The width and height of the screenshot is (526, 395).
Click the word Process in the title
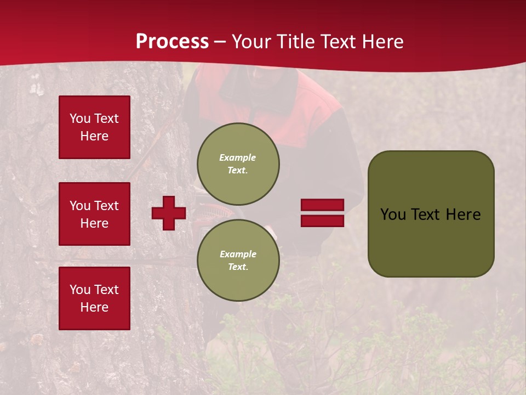(172, 41)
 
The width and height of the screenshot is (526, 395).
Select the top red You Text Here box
(94, 127)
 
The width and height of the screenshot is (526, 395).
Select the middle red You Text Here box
(94, 214)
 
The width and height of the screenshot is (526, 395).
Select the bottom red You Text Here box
(94, 298)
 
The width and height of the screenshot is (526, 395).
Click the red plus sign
(169, 213)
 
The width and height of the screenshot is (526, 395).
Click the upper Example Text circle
(238, 164)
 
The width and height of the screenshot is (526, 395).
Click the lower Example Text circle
(238, 261)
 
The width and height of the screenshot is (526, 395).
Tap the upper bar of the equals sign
(323, 205)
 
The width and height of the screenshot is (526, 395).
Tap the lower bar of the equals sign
(323, 221)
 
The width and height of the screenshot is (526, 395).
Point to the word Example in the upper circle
(237, 157)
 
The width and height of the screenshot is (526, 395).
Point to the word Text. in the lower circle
(238, 267)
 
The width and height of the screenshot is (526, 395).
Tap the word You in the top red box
(80, 119)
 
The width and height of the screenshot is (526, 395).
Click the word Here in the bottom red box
(94, 307)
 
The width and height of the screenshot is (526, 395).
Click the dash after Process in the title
(220, 42)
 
